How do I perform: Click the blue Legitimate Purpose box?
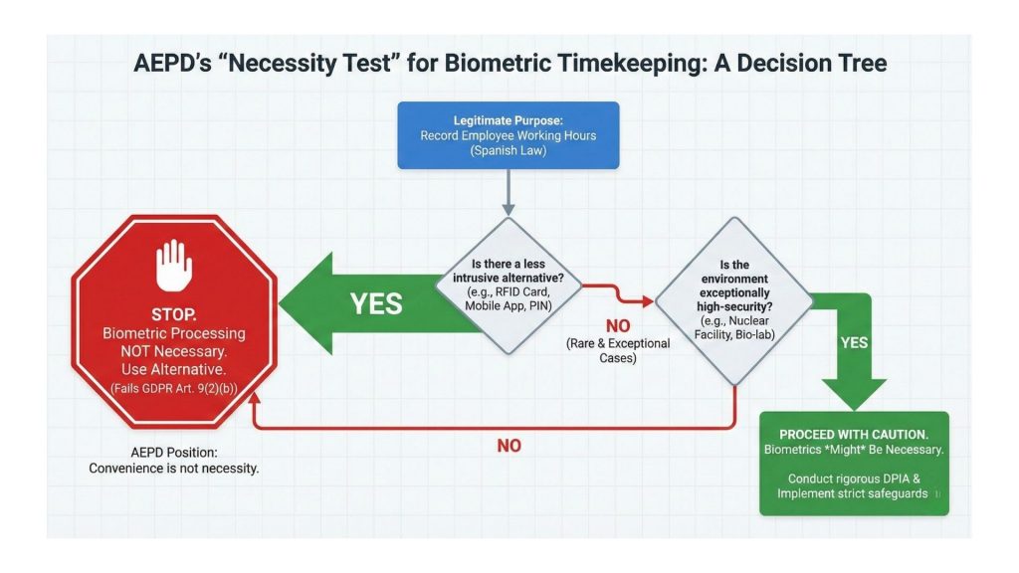[508, 134]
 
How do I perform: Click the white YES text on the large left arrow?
[376, 302]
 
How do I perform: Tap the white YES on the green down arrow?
[854, 342]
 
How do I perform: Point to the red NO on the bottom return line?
[509, 446]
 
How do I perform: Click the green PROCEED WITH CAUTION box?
[854, 464]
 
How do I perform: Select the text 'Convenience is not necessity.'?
[173, 468]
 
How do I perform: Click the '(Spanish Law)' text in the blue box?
[508, 151]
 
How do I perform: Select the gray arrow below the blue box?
[509, 191]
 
